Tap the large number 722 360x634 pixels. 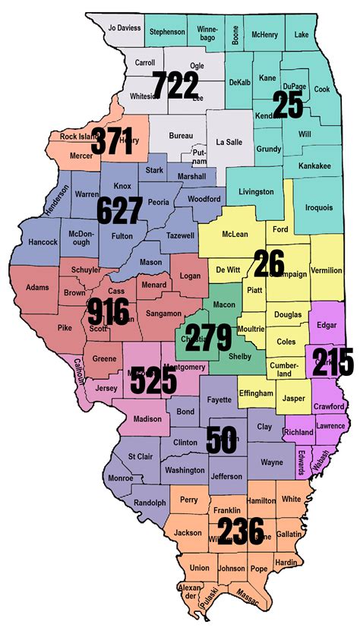(x=175, y=87)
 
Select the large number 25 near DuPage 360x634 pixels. (x=288, y=106)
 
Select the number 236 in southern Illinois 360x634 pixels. (x=240, y=531)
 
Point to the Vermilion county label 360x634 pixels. (x=326, y=270)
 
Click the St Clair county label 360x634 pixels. (x=141, y=456)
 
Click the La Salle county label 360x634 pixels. (x=228, y=141)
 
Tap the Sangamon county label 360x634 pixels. (x=163, y=313)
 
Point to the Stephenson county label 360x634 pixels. (x=167, y=32)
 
